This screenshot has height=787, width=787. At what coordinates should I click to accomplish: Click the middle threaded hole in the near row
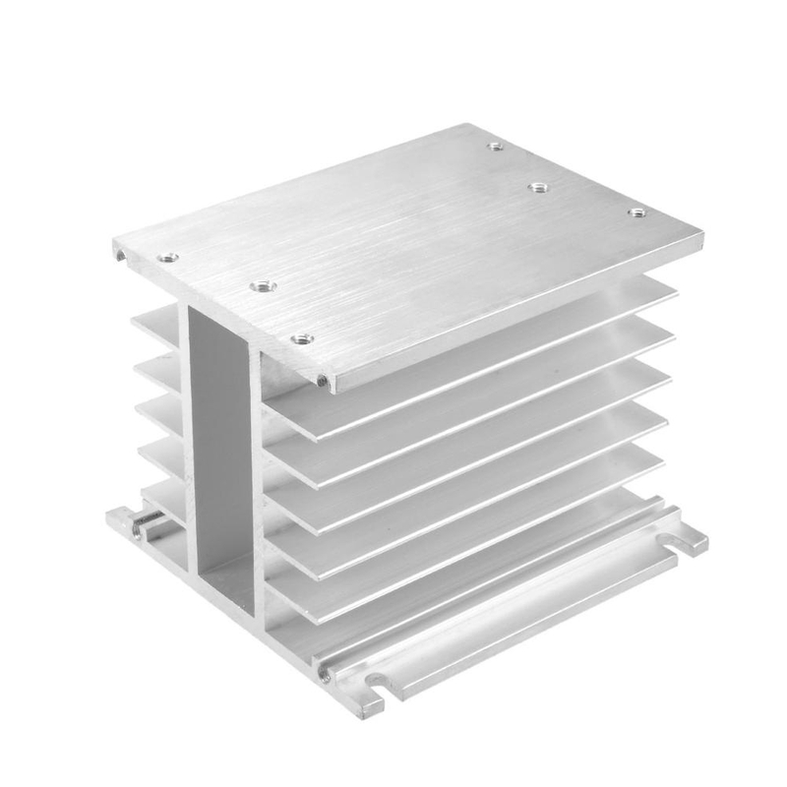[262, 286]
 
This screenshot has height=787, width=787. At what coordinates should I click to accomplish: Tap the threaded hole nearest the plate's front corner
[302, 339]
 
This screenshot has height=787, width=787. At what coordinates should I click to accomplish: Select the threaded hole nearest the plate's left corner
[168, 258]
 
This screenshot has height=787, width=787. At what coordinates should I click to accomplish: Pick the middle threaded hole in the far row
[538, 186]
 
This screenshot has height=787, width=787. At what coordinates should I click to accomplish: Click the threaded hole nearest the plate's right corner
[636, 212]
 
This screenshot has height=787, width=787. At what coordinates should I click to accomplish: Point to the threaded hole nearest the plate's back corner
[495, 147]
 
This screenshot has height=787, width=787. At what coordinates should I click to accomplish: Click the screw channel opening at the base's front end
[324, 674]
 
